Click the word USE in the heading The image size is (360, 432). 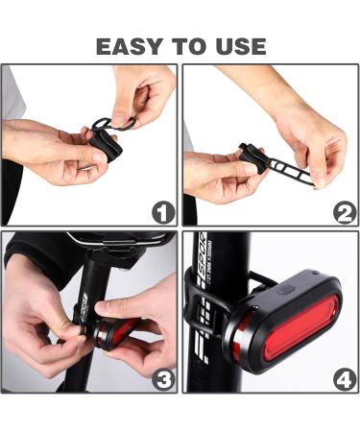239,45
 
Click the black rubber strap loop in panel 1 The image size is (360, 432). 108,122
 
